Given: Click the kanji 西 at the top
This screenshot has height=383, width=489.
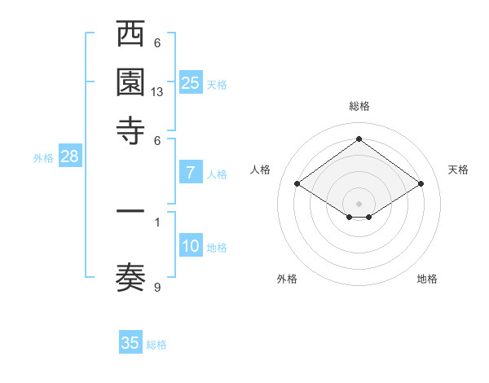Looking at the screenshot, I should (x=131, y=35).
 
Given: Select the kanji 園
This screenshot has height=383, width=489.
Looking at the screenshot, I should (x=131, y=84).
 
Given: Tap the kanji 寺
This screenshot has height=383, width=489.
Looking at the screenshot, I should (x=131, y=130).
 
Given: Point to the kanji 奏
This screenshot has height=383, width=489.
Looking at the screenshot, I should (x=131, y=278).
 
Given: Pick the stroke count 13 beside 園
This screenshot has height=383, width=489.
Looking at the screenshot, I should (x=157, y=92).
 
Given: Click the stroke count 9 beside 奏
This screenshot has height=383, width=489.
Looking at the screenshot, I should (x=157, y=287).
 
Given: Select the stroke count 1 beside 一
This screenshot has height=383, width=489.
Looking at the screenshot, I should (x=157, y=221).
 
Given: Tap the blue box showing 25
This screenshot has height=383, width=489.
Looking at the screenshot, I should (x=191, y=82).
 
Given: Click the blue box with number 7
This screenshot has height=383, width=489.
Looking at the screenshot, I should (x=191, y=173).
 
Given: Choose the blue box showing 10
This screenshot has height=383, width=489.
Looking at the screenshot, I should (x=191, y=246).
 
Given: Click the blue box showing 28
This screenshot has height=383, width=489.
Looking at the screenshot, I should (x=69, y=157).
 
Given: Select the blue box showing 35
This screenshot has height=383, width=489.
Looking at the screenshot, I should (x=130, y=343).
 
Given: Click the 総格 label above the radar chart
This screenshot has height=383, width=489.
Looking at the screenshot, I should (x=359, y=106).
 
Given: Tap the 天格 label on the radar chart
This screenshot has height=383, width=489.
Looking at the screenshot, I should (x=458, y=169).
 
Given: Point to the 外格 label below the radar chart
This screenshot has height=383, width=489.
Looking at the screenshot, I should (x=287, y=279).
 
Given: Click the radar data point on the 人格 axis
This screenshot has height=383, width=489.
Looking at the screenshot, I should (x=297, y=184).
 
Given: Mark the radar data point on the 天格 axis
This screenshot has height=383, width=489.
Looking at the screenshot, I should (x=421, y=184).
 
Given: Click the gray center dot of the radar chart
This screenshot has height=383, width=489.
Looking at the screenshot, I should (x=359, y=203).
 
